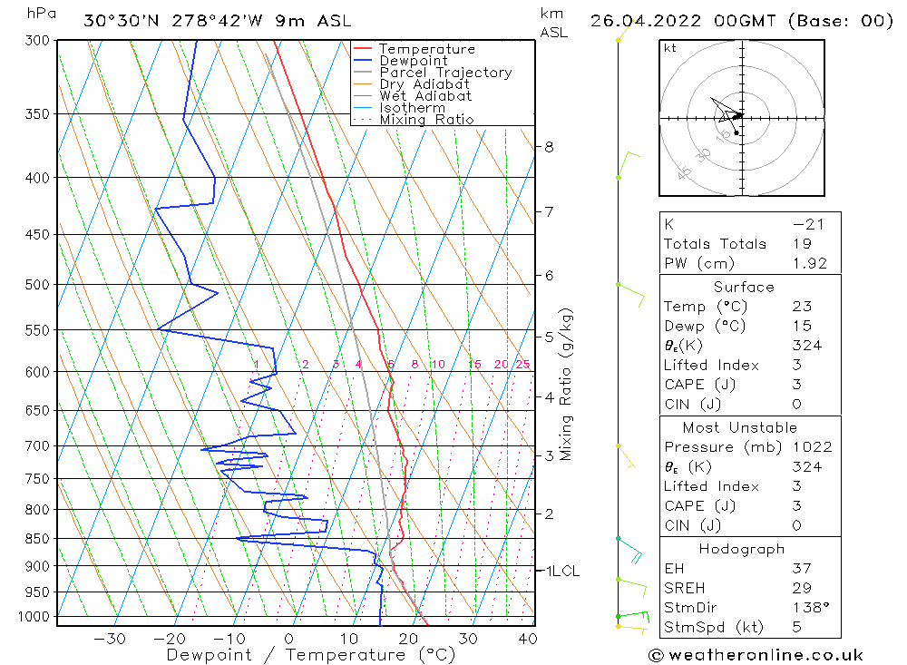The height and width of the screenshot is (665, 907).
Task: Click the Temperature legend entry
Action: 426,49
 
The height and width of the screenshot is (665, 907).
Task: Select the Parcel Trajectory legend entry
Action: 445,73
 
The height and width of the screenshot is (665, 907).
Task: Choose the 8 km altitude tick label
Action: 549,146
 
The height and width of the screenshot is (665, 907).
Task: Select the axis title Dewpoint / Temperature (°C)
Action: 310,654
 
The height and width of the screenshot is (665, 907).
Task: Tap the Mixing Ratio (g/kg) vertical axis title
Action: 567,384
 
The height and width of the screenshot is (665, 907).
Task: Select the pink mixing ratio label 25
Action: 522,365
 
